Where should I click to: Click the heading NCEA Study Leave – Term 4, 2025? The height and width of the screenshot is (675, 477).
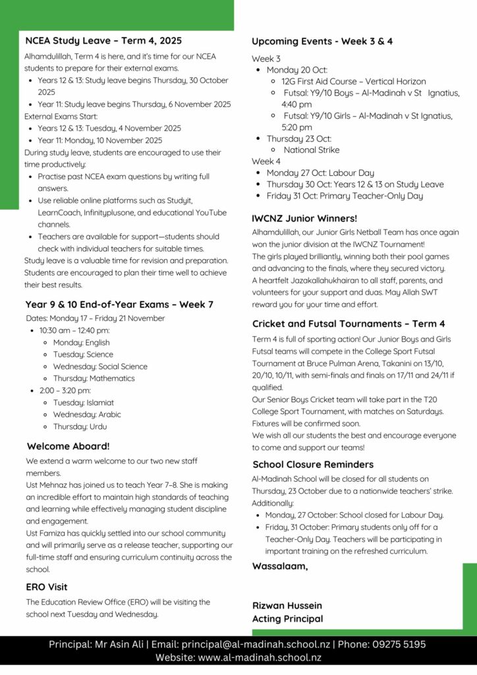point(103,41)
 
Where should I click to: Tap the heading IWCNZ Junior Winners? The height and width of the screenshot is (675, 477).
point(305,218)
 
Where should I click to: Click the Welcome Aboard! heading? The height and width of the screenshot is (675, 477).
point(69,446)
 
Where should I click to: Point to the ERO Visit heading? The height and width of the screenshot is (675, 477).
point(47,587)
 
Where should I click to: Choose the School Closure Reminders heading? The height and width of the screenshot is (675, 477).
point(313,464)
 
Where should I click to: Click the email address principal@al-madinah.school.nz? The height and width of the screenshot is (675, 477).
point(256,644)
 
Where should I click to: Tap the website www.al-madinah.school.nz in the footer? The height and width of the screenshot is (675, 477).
point(260,657)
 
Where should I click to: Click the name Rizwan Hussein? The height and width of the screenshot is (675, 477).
point(288,605)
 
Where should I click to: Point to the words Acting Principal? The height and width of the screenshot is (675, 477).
point(288,618)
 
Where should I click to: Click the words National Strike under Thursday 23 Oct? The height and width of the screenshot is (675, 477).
point(312,150)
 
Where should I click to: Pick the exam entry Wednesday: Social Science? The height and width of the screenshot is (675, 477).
point(100,367)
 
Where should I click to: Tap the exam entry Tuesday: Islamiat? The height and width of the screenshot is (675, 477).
point(83,402)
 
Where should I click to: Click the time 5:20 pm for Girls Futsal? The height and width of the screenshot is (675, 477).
point(296,127)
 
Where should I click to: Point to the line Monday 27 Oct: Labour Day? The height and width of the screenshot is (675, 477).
point(320,173)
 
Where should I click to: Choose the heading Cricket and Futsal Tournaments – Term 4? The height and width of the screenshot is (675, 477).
point(349,324)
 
